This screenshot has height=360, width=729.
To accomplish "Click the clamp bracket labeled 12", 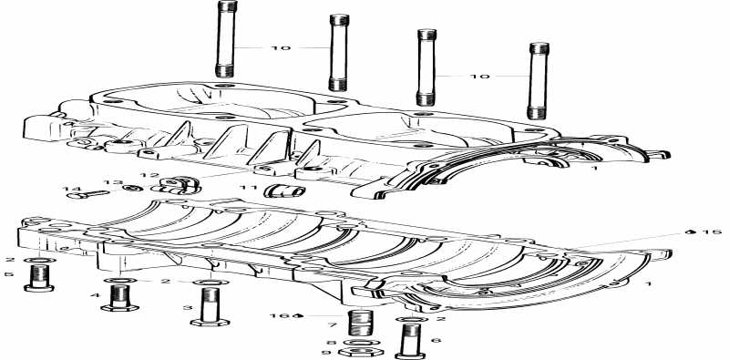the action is [180, 185].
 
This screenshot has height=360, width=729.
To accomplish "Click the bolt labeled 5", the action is [39, 278].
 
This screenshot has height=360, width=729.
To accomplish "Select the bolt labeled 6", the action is [407, 344].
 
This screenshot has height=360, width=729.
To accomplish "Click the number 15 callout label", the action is [711, 232].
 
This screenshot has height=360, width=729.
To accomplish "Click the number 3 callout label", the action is [188, 308].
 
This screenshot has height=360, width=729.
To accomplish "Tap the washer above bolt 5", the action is [38, 260].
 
